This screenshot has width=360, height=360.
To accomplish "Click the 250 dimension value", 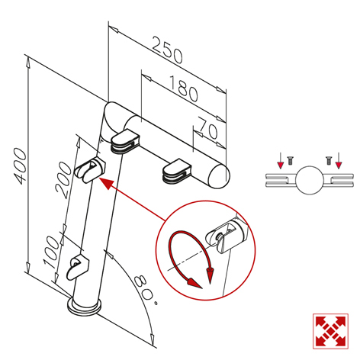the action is tap(168, 50).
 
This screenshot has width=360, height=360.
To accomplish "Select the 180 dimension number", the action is tap(183, 88).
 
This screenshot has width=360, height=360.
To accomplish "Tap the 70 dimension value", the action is tap(208, 128).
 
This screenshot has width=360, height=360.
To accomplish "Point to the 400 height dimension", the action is tap(20, 166).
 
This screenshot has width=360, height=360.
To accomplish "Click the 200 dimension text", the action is tap(63, 180).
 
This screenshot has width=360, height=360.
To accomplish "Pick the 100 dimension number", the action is tap(52, 252).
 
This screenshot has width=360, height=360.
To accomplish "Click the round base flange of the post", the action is tap(85, 307).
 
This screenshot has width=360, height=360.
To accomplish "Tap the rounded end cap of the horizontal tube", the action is tap(219, 176).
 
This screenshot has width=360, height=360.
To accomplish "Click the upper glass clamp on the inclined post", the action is tap(90, 170).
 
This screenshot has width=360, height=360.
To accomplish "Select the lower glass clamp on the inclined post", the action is tap(78, 268).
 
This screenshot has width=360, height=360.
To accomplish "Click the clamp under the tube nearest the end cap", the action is tap(177, 171).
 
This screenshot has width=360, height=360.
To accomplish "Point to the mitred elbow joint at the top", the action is tap(113, 119).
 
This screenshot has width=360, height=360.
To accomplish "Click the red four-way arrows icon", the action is tap(330, 331).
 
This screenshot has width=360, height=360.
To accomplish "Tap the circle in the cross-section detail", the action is tap(310, 180).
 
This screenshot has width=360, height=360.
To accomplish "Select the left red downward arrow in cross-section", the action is tap(280, 161).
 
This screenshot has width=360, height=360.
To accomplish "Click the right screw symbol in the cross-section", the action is tap(329, 161).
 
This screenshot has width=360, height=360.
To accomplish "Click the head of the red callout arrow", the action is tap(105, 184).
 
